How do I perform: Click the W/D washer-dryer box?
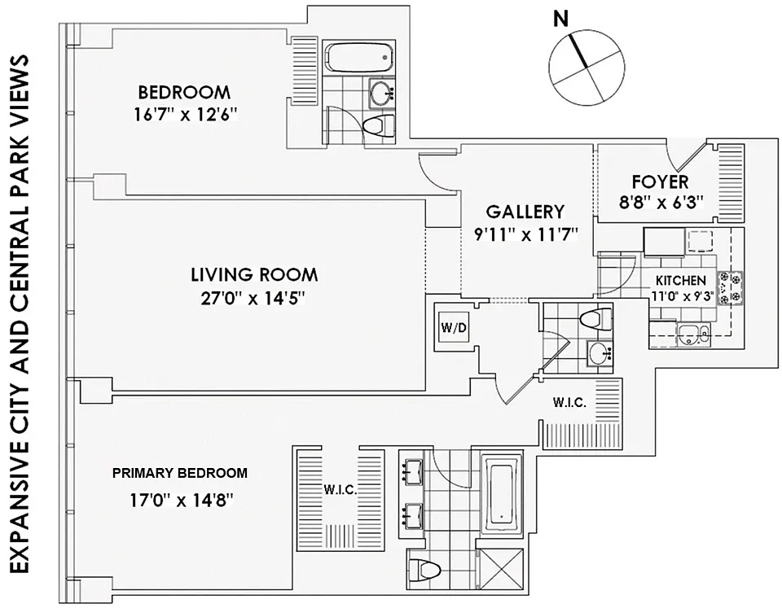454,327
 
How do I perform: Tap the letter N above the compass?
561,20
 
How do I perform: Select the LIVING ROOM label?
254,274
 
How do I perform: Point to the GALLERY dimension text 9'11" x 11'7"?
525,234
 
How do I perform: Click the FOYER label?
661,182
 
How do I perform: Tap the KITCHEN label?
681,281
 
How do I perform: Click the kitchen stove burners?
730,288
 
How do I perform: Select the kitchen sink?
694,334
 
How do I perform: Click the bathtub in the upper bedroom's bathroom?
359,58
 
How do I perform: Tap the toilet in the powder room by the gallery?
596,318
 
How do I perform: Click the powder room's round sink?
600,354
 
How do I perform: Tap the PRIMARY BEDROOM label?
180,473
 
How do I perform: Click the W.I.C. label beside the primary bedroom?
340,490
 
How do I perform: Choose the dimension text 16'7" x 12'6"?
185,116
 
